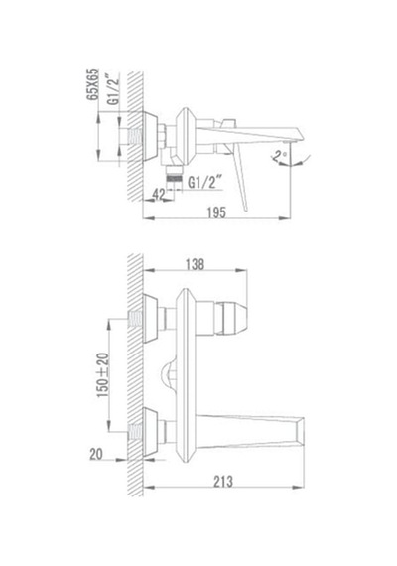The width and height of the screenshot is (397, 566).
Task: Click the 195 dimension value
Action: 216,212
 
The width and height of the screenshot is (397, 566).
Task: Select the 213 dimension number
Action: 223,482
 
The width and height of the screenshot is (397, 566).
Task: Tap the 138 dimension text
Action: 195,264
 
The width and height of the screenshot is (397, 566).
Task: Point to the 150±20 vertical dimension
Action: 103,375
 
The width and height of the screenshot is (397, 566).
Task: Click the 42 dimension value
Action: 159,194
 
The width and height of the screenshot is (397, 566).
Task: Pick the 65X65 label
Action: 92,84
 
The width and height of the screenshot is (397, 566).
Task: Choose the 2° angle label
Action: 279,156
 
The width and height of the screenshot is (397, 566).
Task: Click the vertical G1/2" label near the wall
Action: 113,89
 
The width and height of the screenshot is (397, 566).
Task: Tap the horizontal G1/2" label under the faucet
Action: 202,183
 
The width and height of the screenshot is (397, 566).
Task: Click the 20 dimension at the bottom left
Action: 96,454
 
